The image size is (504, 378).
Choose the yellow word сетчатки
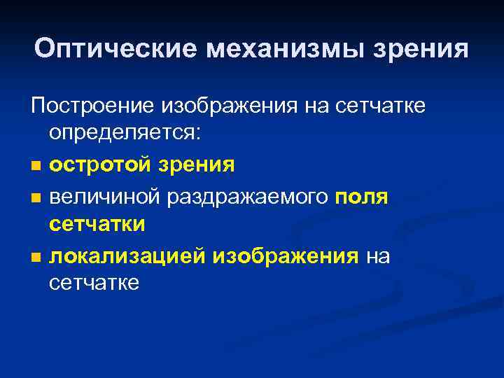coord(97,225)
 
